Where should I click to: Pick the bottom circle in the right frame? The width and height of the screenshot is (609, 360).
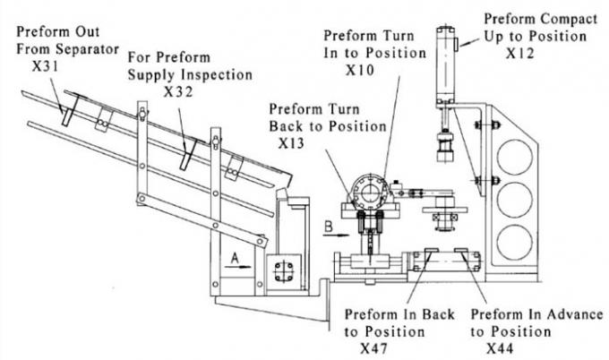click(x=513, y=241)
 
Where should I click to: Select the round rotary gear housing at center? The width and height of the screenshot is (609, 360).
click(x=368, y=193)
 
